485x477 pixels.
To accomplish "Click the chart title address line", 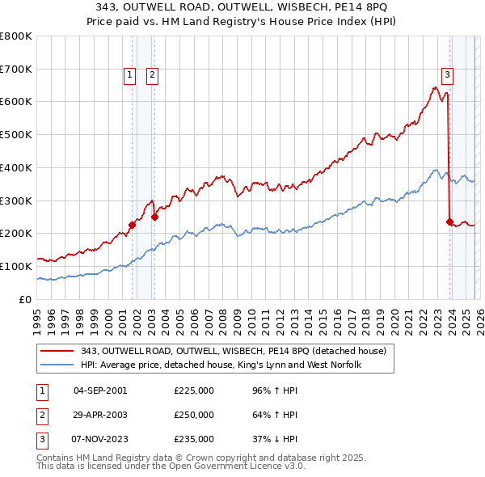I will [242, 7].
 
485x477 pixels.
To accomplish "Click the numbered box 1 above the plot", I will [129, 75].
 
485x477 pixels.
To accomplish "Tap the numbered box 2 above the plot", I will [152, 75].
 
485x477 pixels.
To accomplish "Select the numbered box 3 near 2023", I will [447, 75].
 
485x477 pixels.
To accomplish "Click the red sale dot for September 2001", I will [132, 225].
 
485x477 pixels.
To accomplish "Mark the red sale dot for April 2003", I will [155, 217].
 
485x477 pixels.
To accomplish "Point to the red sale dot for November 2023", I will [449, 222].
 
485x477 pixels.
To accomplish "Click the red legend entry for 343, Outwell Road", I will [234, 351].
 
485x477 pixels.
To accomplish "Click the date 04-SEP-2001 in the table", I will [100, 390].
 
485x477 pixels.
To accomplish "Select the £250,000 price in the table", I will [194, 415].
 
